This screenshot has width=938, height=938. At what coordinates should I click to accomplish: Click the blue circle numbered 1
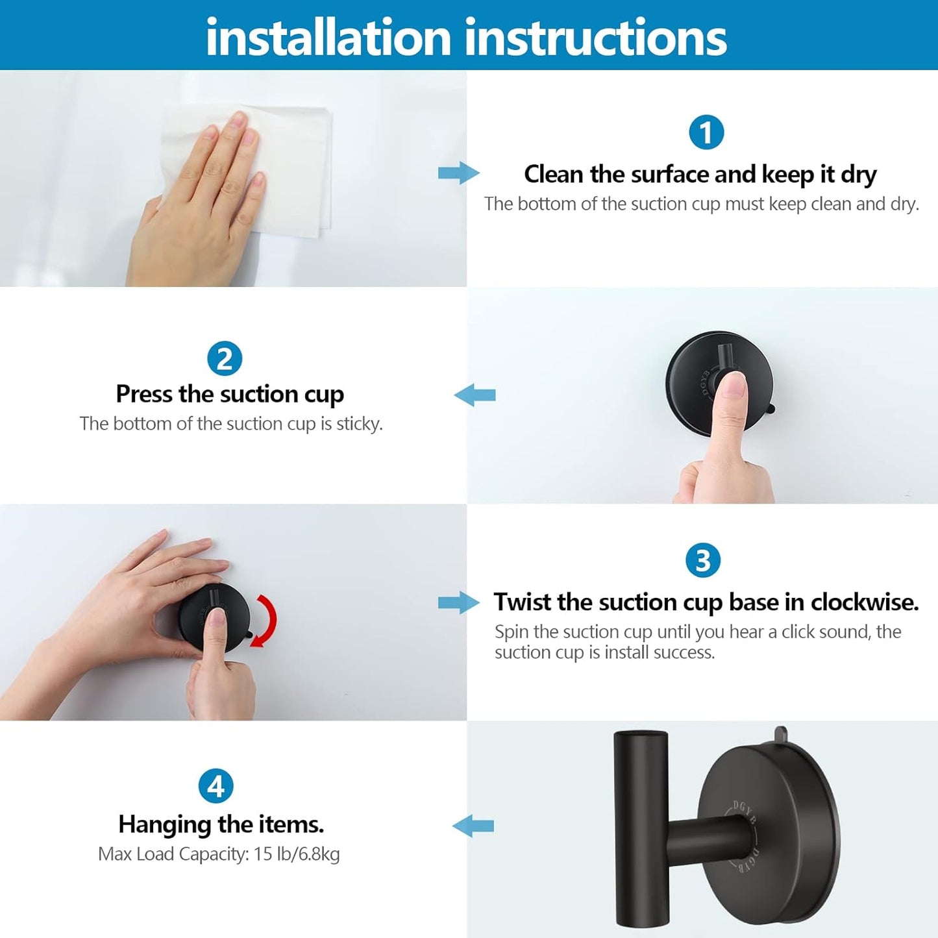point(706,132)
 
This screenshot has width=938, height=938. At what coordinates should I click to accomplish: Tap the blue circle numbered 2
point(225,359)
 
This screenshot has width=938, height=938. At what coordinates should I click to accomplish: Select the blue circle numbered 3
point(702,560)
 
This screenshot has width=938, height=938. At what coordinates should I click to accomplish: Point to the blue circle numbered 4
point(216,786)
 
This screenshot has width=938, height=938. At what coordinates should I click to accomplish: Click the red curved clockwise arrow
point(266,620)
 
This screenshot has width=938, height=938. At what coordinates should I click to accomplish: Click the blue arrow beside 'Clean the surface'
point(458,173)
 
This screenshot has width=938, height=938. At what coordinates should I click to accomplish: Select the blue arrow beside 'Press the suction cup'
point(475,395)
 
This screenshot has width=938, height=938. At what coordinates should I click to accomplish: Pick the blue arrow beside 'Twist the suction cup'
point(458,602)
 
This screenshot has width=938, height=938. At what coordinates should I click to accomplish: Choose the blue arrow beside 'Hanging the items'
point(473,826)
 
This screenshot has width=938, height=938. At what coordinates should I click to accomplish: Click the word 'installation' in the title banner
point(328,38)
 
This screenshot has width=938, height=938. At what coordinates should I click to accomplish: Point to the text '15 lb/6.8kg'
point(297,854)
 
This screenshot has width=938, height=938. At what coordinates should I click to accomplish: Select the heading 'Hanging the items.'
point(221,824)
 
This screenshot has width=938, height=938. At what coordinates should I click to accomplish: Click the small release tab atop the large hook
point(780,734)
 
